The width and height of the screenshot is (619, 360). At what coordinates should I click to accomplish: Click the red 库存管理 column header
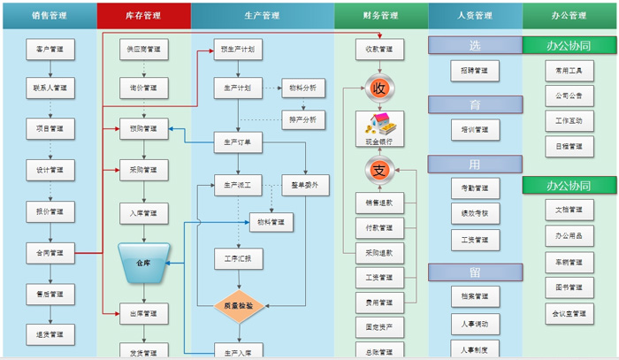point(143,15)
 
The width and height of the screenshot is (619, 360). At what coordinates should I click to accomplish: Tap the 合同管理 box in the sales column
point(50,253)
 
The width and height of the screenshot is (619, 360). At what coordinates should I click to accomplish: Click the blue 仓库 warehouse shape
point(143,264)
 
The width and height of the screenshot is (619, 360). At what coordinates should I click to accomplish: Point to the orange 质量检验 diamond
point(238,305)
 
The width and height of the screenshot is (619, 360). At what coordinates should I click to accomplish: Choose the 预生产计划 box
point(238,50)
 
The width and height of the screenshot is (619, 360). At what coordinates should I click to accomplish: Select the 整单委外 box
point(305,186)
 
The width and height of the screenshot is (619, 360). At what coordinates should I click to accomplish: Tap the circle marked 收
point(379,88)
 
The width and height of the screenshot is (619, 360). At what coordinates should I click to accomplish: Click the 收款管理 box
point(379,50)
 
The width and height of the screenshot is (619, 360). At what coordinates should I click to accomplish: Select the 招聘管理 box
point(475,70)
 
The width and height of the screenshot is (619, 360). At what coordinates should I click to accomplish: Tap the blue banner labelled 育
point(475,105)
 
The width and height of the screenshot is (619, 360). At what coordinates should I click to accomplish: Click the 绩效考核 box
point(475,212)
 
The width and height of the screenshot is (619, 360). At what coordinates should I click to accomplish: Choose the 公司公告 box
point(569,95)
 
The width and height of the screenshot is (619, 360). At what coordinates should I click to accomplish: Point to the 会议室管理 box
point(569,312)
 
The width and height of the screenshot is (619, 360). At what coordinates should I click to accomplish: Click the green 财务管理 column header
point(380,15)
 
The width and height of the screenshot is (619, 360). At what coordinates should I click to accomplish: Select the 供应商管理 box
point(143,50)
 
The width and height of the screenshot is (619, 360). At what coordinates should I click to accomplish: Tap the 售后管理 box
point(50,294)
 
